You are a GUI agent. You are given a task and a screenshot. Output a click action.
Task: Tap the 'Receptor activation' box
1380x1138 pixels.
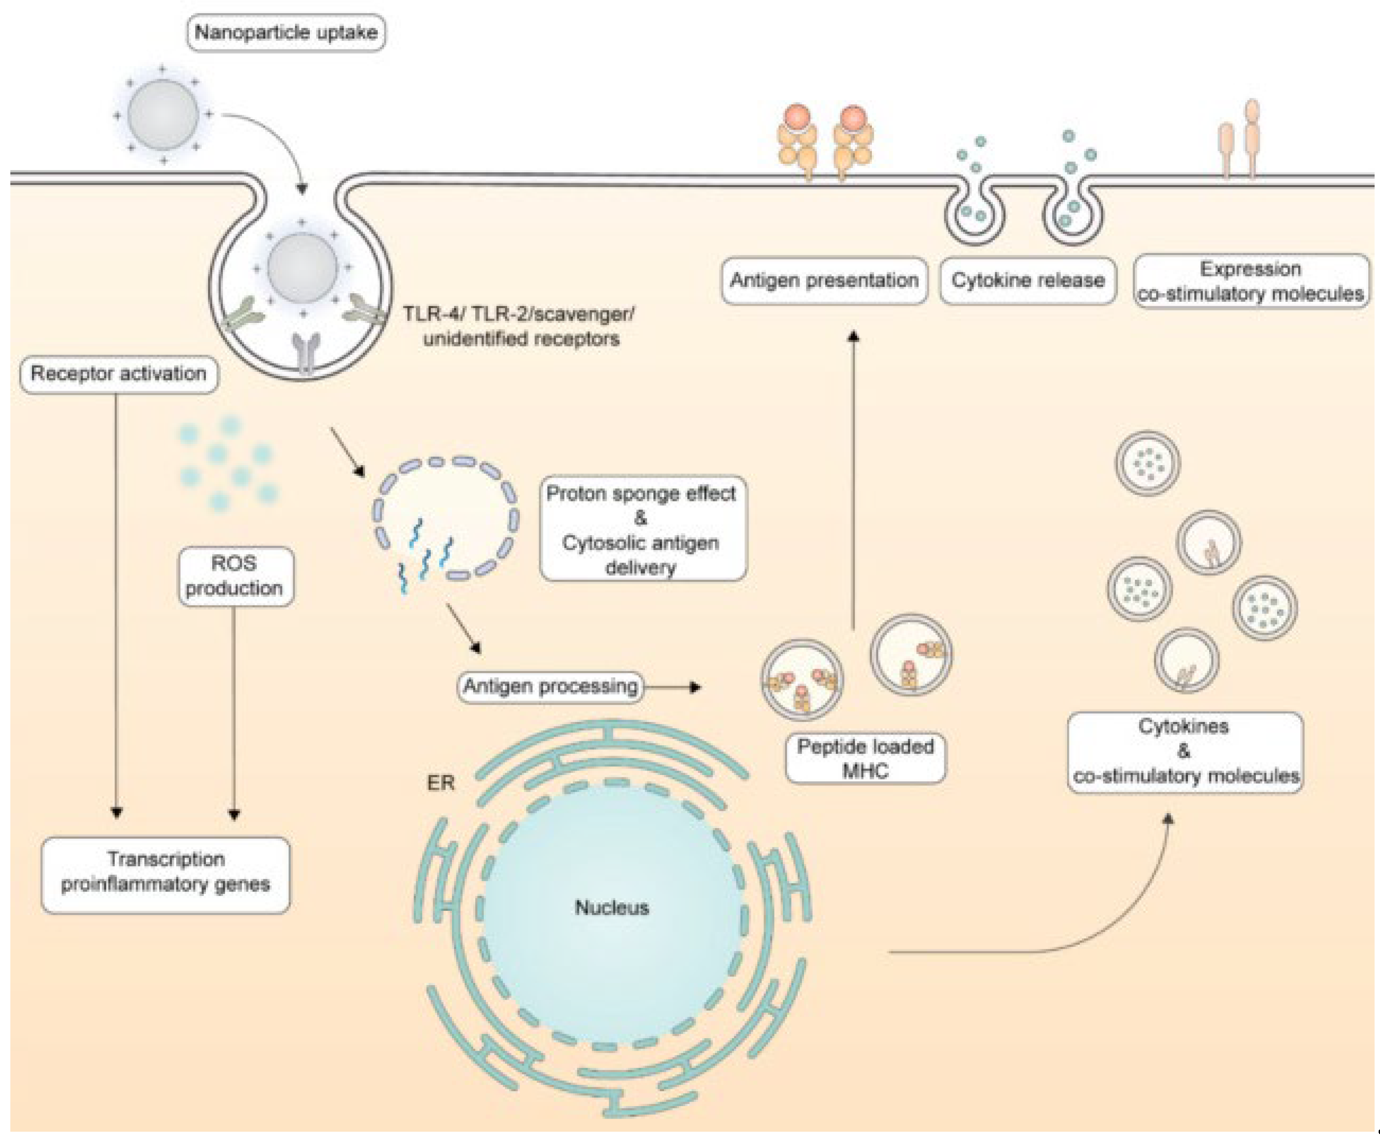[119, 374]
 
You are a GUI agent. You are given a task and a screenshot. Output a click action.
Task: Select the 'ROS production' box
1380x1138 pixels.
[235, 576]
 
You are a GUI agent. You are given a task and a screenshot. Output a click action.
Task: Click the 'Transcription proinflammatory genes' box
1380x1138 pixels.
[166, 874]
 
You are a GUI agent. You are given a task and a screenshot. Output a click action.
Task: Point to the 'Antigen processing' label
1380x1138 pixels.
[550, 686]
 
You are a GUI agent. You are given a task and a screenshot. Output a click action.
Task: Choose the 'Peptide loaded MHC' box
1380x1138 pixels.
[865, 758]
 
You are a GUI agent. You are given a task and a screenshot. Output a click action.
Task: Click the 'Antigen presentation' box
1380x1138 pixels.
[824, 281]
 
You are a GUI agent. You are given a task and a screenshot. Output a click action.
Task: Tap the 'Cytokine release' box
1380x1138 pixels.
[1027, 281]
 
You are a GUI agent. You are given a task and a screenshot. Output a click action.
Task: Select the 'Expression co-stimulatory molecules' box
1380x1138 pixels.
[1251, 281]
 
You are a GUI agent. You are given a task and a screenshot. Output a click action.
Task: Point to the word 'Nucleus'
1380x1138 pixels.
[612, 907]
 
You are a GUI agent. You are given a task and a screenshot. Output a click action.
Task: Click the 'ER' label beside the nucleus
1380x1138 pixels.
[440, 783]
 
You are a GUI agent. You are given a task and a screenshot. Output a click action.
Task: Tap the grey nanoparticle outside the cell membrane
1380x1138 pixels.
[163, 115]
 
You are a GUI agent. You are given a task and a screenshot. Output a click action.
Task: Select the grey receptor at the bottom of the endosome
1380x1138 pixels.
[306, 353]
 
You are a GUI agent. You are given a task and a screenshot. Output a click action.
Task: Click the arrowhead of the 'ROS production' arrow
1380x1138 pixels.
[234, 815]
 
